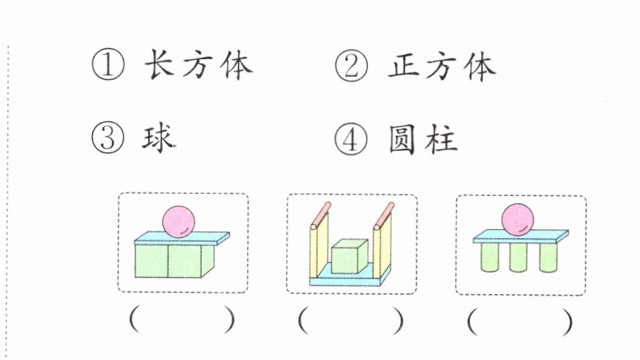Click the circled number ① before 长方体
tap(108, 64)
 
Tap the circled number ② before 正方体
tap(351, 65)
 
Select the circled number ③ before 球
tap(107, 138)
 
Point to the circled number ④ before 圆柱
tap(351, 139)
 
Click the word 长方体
tap(198, 64)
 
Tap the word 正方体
tap(442, 66)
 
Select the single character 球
tap(159, 138)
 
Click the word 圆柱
tap(423, 140)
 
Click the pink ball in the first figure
tap(179, 221)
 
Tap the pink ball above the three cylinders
tap(518, 220)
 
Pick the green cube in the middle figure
tap(349, 256)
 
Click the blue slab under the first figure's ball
tap(182, 238)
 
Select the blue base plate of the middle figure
tap(350, 276)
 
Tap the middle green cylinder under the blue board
tap(518, 257)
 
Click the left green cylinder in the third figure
tap(490, 257)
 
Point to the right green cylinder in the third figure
tap(547, 257)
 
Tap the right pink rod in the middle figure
tap(384, 215)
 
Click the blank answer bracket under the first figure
tap(182, 320)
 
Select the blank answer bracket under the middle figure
tap(351, 320)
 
